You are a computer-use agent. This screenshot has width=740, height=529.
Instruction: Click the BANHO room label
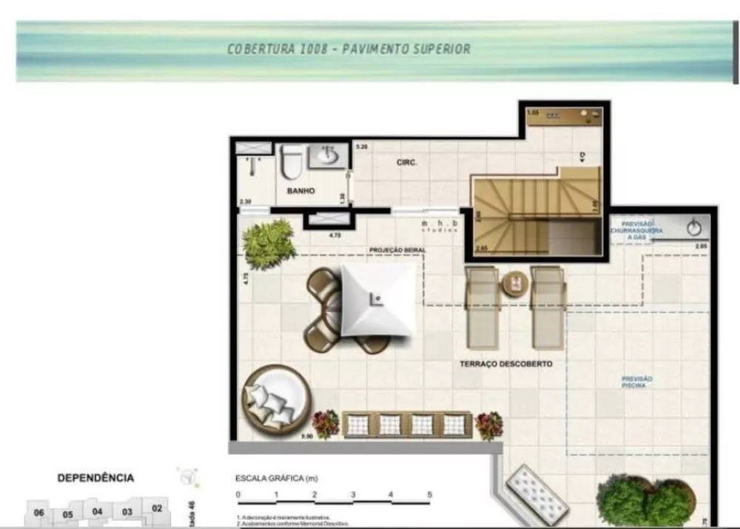[300, 191]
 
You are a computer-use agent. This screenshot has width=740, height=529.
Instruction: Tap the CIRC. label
[407, 162]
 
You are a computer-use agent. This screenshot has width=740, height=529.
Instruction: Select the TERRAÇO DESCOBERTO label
[506, 365]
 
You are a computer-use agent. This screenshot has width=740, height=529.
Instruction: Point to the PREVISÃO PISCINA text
[636, 382]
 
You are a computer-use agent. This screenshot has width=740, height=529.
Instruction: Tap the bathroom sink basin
[329, 156]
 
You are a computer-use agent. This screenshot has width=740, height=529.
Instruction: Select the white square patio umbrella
[377, 300]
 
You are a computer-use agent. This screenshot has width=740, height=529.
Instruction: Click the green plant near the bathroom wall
[268, 242]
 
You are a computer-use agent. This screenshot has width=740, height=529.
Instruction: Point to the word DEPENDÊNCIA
[95, 478]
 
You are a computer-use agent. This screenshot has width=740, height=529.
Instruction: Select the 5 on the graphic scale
[429, 494]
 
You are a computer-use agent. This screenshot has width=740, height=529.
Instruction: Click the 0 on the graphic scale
[238, 494]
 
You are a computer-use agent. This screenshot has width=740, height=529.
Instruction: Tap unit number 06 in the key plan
[39, 513]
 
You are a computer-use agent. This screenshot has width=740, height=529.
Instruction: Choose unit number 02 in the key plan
[157, 508]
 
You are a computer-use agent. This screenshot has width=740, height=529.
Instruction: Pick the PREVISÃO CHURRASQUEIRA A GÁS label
[636, 230]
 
